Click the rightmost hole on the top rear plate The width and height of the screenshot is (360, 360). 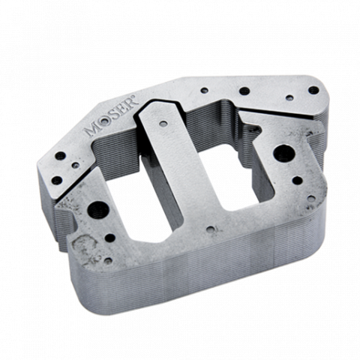[313, 90]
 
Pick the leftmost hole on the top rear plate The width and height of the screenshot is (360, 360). [204, 91]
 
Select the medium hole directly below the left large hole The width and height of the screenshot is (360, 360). [110, 238]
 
